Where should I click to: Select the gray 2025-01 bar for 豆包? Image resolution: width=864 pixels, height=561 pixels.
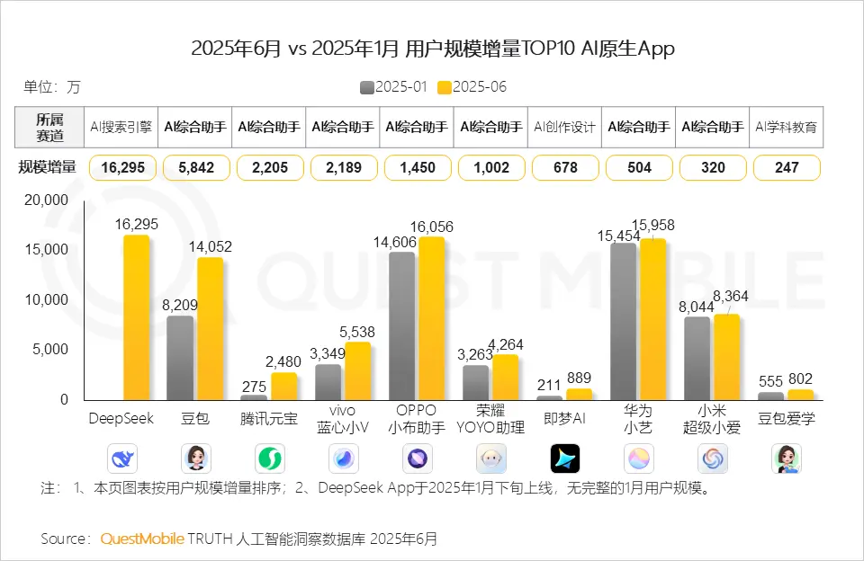point(180,358)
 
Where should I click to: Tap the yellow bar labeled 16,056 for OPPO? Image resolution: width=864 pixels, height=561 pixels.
point(431,318)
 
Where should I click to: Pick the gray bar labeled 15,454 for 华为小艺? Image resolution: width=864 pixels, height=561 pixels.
point(624,321)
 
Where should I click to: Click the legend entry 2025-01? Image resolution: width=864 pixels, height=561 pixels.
point(393,87)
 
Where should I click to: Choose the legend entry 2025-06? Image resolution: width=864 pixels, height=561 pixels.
point(472,87)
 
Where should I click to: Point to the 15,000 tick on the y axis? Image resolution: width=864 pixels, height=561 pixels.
point(50,249)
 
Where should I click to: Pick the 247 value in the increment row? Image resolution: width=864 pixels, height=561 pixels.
point(787,167)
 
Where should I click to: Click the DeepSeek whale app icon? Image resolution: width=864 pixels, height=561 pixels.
point(122,459)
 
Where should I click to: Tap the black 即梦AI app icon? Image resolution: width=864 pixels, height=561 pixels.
point(565,459)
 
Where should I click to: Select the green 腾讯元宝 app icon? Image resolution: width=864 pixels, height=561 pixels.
point(270,459)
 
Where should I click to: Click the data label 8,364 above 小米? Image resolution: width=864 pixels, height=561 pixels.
point(730,296)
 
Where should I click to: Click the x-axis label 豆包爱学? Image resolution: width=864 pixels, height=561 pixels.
point(786,418)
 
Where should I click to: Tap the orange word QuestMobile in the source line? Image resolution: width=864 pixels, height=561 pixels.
point(141,539)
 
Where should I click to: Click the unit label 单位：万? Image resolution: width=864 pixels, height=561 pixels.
point(51,87)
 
